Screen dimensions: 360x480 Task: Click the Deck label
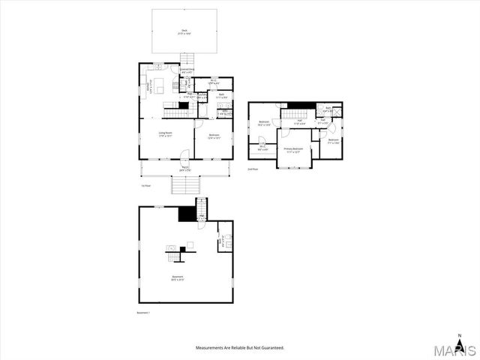coord(184,31)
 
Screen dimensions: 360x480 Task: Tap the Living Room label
coord(165,136)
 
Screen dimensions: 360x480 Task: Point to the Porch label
coord(184,169)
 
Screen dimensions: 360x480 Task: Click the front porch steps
coord(184,184)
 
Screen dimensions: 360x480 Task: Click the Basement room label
coord(177,278)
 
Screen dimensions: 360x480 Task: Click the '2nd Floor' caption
coord(253,170)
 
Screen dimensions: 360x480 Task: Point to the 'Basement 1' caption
coord(143,312)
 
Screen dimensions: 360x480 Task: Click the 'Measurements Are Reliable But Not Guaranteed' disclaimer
coord(240,348)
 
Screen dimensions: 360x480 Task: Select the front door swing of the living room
coord(184,155)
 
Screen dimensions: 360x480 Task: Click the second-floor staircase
coord(295,115)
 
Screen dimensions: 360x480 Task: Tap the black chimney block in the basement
coord(187,214)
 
